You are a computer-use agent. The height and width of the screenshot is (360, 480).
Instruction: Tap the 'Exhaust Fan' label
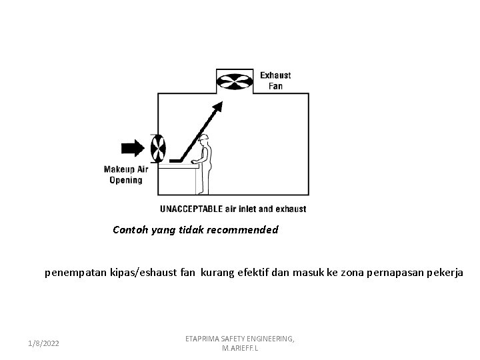275,80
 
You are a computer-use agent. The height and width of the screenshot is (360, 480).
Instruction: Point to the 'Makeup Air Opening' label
126,175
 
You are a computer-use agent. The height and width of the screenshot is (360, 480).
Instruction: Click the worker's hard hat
206,137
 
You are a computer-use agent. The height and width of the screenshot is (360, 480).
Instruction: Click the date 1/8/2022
43,343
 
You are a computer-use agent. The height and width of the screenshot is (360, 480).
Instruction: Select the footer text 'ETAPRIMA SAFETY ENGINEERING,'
239,339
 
